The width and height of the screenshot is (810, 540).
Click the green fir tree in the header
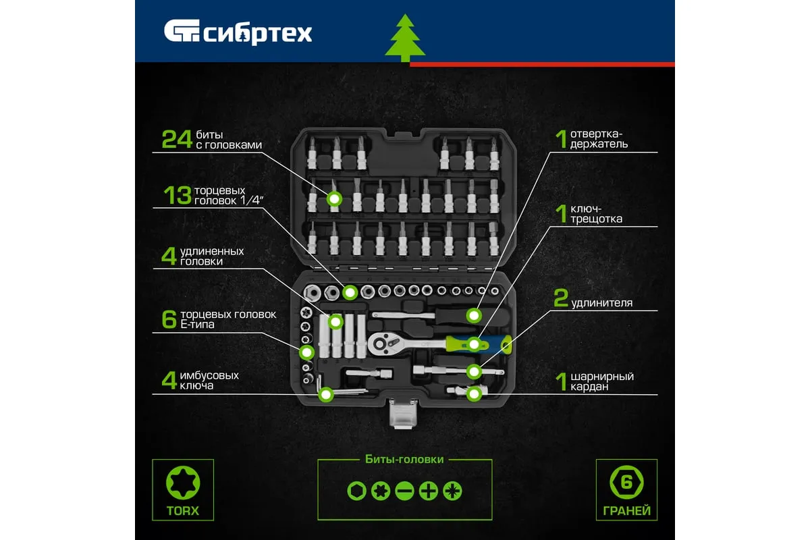pos(405,38)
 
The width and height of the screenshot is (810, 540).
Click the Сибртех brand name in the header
pos(257,34)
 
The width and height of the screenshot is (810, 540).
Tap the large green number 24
pos(176,140)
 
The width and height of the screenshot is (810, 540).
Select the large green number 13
pos(177,195)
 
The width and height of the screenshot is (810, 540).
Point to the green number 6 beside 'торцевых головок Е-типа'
pos(169,319)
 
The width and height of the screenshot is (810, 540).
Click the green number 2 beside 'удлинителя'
pos(561,298)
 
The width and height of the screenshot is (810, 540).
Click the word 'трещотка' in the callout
pos(596,219)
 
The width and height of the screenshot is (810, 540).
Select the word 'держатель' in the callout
pos(599,144)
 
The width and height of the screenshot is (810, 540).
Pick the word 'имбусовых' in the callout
pos(209,375)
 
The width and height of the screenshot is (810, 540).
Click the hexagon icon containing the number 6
pos(626,483)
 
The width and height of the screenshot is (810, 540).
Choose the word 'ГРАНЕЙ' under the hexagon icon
pos(626,511)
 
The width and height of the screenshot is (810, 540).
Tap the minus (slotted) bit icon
pos(404,491)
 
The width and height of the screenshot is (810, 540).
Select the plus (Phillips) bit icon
pos(428,491)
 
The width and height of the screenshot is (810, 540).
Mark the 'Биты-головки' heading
pos(404,460)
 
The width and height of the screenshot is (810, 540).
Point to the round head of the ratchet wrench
pos(381,344)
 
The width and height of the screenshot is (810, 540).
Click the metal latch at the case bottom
pos(403,414)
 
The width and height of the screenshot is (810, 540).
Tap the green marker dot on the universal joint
pos(474,394)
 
